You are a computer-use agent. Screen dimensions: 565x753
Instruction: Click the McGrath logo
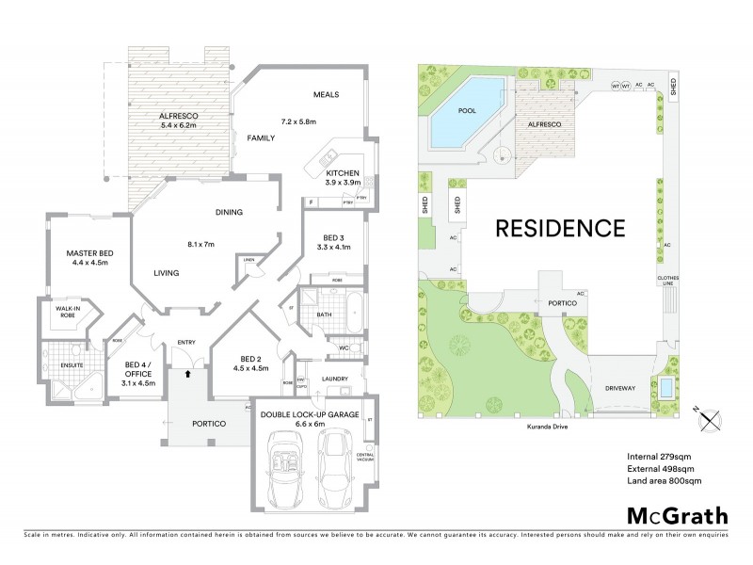coord(677,515)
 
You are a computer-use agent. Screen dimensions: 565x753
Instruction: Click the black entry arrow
coord(188,374)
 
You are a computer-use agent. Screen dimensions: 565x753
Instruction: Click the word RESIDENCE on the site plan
coord(560,227)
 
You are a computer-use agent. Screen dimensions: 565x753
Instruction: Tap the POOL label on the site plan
coord(467,110)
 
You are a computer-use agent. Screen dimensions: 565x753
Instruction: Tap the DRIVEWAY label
coord(622,387)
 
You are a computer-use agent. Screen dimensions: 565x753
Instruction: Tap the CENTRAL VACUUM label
coord(365,458)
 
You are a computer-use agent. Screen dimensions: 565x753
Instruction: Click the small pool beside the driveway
coord(665,388)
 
